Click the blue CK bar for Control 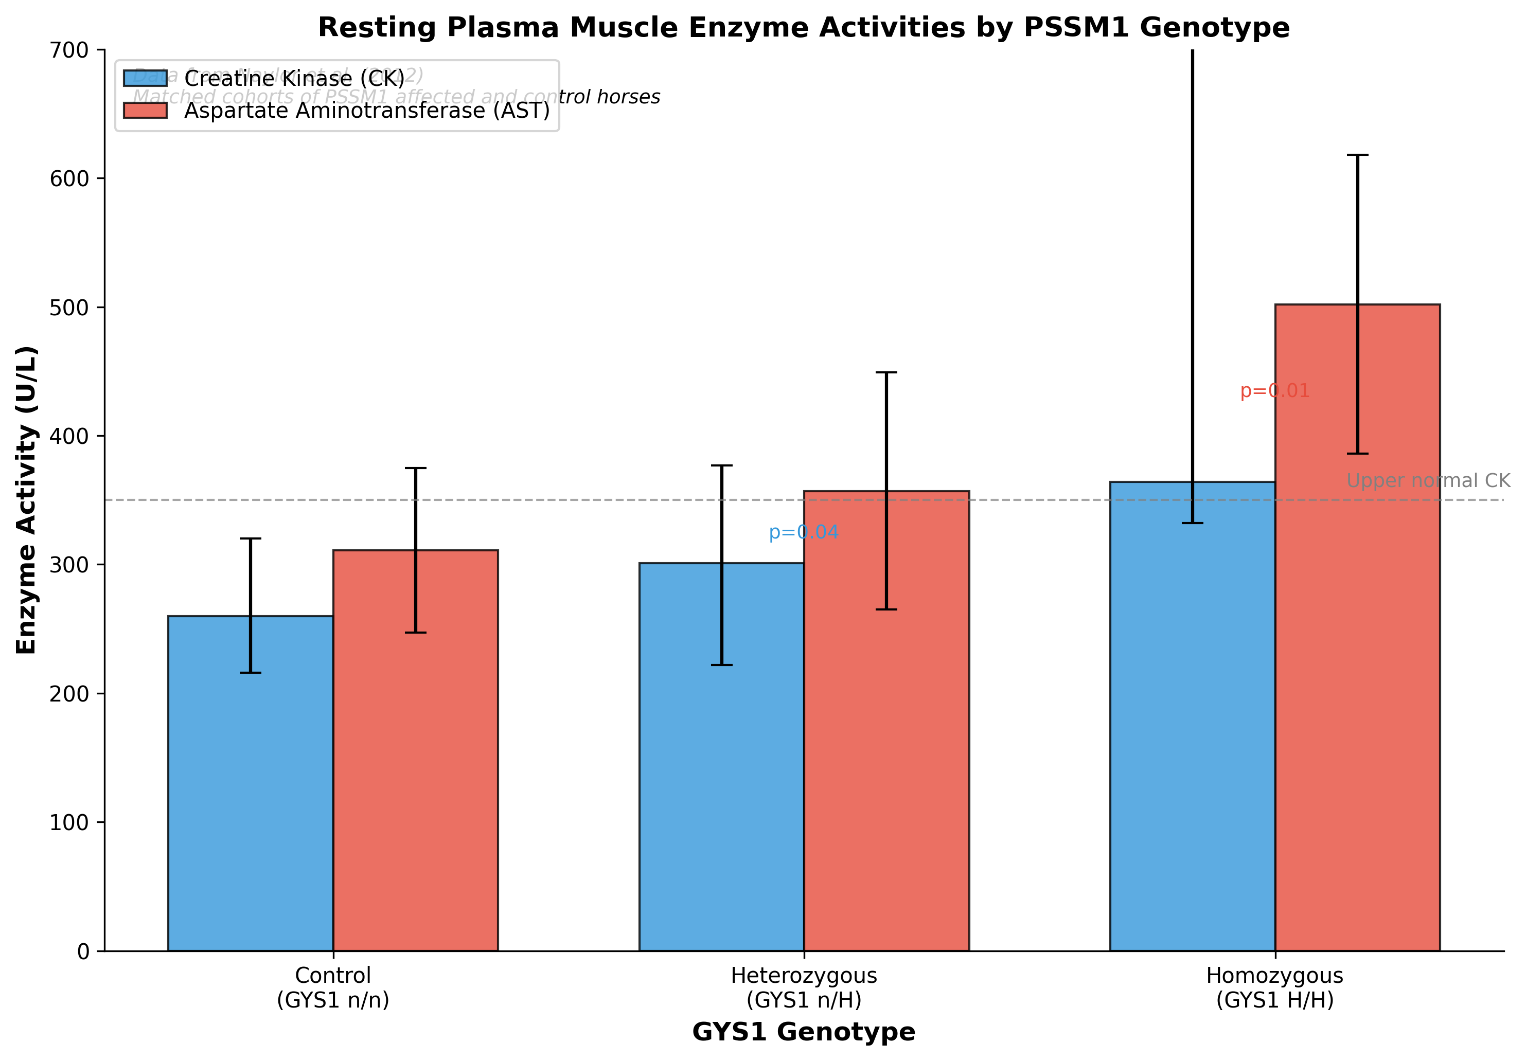coord(250,784)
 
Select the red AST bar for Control coord(415,751)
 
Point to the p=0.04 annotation coord(803,533)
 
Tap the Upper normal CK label coord(1428,481)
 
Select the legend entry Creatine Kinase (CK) coord(294,78)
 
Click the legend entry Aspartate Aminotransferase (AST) coord(367,110)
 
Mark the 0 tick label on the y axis coord(83,952)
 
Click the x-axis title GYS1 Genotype coord(804,1032)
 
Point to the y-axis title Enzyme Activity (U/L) coord(27,499)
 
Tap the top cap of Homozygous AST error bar coord(1357,155)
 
